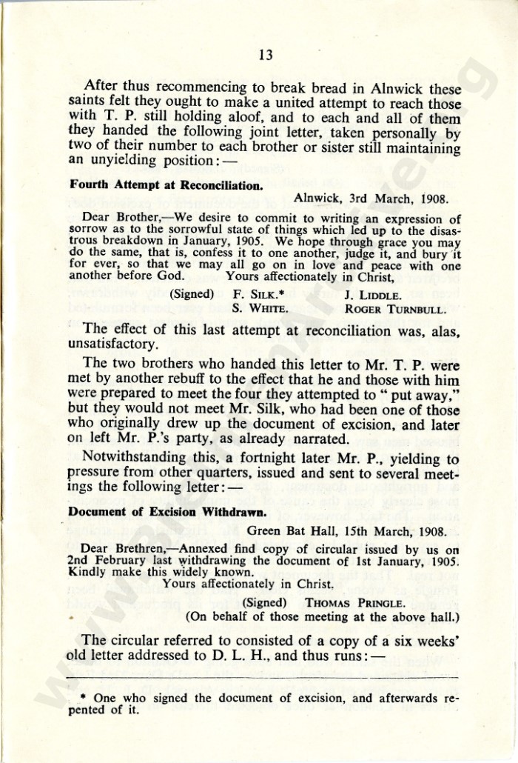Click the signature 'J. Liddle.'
coord(374,293)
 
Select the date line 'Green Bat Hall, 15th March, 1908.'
coord(347,530)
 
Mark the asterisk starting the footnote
coord(84,698)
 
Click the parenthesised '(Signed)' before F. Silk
coord(193,293)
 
